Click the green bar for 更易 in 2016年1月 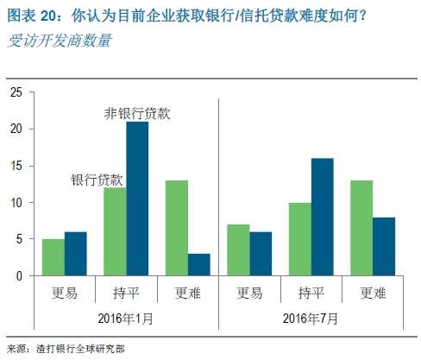pos(53,257)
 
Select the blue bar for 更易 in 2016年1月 pos(76,254)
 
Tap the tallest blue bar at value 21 pos(136,199)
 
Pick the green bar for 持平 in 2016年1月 pos(114,231)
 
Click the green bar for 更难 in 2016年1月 pos(175,228)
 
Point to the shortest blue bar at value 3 pos(198,265)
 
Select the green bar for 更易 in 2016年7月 pos(237,250)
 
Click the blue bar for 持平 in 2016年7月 pos(321,218)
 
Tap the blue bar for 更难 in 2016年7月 pos(382,247)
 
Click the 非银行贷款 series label pos(136,114)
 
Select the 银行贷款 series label pos(97,180)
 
